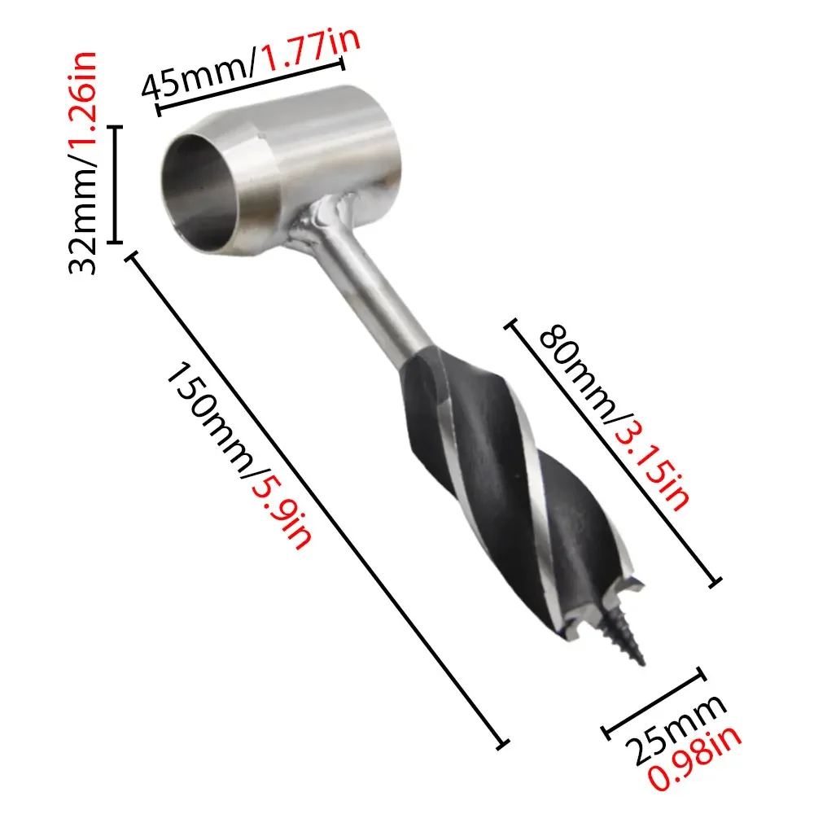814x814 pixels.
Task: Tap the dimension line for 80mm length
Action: coord(615,452)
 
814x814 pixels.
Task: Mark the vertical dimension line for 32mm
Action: coord(116,184)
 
